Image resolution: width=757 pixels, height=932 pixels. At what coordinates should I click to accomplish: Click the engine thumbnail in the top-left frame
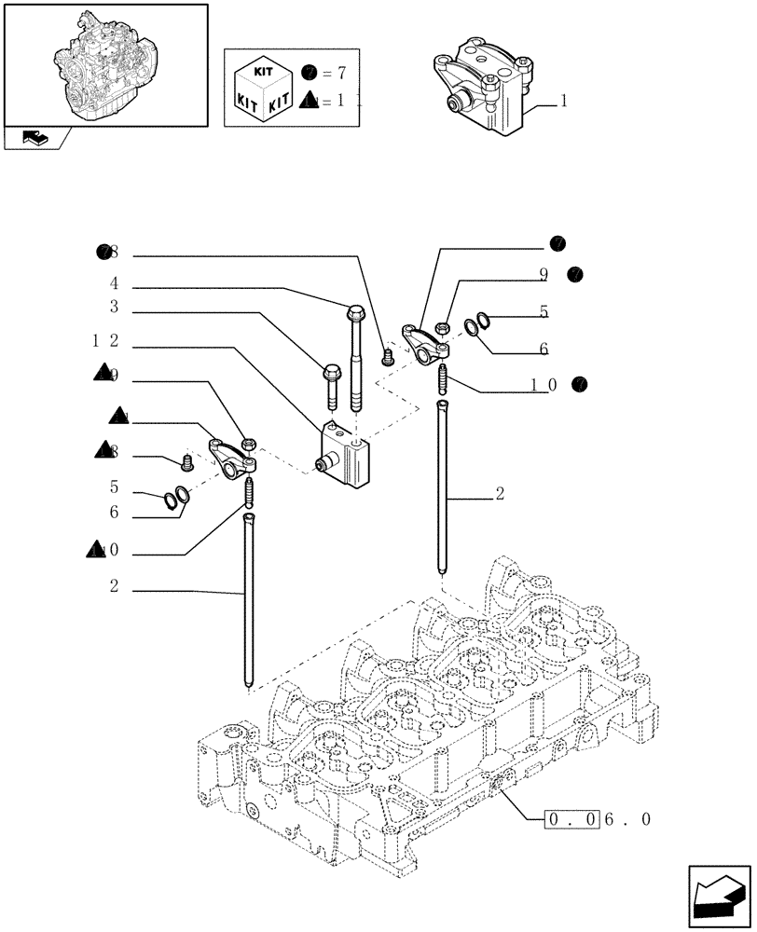(x=105, y=62)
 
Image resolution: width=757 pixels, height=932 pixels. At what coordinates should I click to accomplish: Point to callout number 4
(x=114, y=283)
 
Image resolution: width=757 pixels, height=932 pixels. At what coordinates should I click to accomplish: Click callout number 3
(x=114, y=307)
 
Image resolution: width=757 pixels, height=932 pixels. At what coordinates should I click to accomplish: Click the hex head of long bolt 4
(x=356, y=315)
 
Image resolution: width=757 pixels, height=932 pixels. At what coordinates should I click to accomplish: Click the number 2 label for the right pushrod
(x=500, y=495)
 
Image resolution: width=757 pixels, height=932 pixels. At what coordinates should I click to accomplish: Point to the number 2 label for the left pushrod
(x=114, y=588)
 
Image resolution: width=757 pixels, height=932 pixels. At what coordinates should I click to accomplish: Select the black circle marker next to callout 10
(x=581, y=384)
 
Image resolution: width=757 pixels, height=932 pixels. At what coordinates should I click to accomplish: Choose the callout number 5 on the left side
(x=114, y=487)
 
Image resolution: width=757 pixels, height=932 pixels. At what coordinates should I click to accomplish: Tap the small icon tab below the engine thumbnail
(x=35, y=139)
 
